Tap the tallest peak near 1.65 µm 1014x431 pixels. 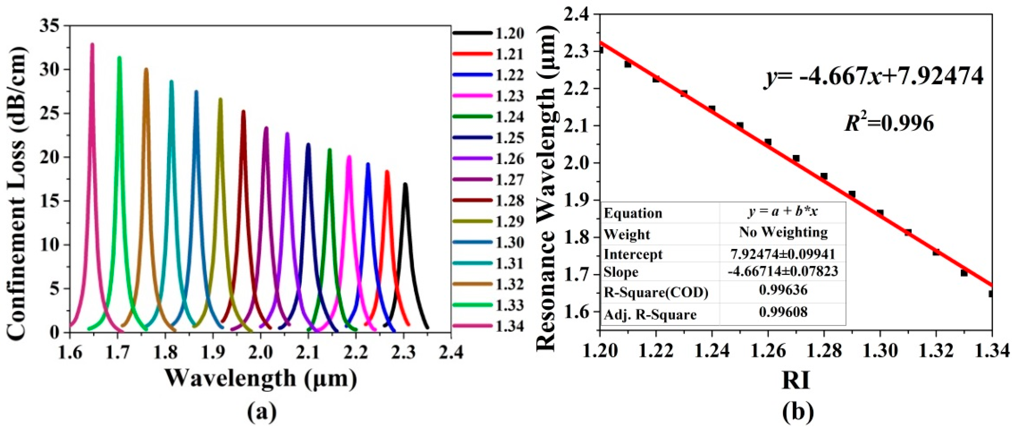pos(92,44)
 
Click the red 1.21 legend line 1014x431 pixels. pos(472,54)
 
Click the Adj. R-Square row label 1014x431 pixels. pos(650,314)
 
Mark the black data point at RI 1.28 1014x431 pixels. pos(824,176)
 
